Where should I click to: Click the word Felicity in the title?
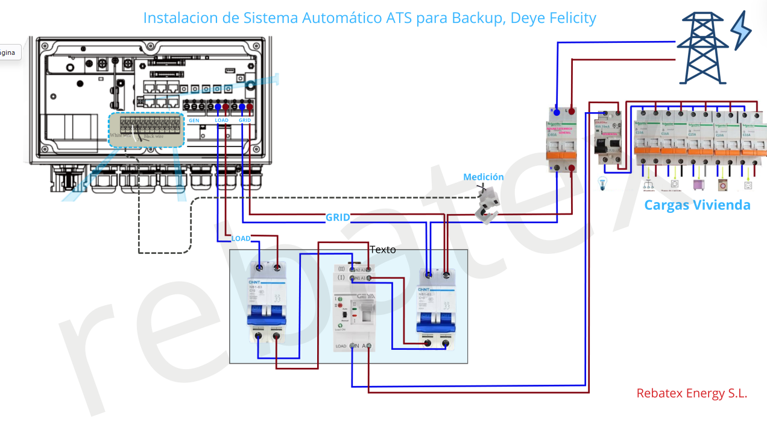573,18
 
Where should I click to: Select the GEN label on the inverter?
194,121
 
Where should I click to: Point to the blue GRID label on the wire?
338,218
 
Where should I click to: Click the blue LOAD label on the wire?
241,239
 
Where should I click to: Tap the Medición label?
483,177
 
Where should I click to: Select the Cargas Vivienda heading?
697,205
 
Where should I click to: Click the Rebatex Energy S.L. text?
692,393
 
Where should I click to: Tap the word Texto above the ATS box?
383,249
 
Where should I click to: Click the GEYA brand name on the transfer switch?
366,296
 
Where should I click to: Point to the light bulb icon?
602,185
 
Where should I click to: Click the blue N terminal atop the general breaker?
557,112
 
